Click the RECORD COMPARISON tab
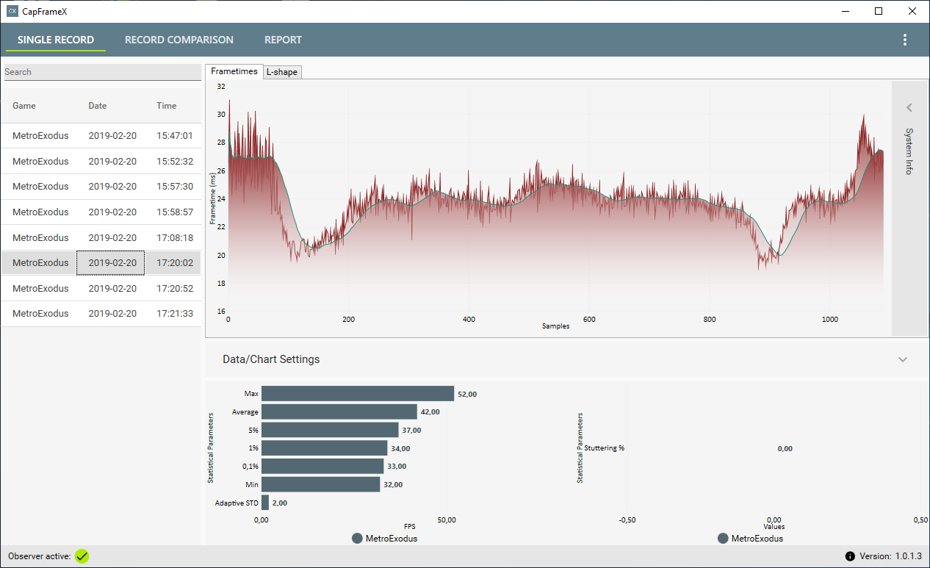[x=179, y=40]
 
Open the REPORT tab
[x=283, y=40]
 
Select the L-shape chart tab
[x=282, y=72]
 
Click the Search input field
[x=102, y=72]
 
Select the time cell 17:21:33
[x=175, y=314]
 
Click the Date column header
[x=98, y=106]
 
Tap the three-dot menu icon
[x=905, y=40]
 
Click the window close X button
[x=912, y=11]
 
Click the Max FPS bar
[x=358, y=394]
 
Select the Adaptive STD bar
[x=265, y=503]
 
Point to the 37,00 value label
[x=411, y=430]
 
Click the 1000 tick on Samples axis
[x=829, y=320]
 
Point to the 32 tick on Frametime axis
[x=221, y=87]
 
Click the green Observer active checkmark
[x=82, y=556]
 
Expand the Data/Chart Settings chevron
[x=903, y=359]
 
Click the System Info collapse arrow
[x=909, y=108]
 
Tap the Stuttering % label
[x=604, y=448]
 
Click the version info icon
[x=850, y=556]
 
